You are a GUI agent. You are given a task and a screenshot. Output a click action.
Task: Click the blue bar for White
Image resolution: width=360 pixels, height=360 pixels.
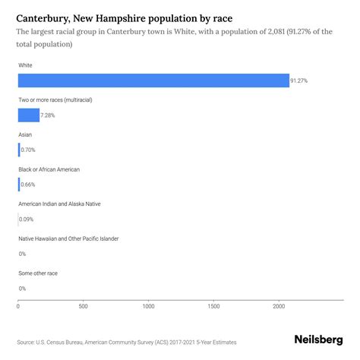(152, 81)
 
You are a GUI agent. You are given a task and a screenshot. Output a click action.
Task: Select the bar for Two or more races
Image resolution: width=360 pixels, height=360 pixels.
(28, 115)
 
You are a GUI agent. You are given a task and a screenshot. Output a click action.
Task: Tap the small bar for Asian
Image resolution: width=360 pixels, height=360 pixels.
(18, 150)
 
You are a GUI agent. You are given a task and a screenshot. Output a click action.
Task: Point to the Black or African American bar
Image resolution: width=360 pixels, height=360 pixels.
(18, 185)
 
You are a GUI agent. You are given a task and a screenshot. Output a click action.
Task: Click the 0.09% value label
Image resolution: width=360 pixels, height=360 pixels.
(27, 219)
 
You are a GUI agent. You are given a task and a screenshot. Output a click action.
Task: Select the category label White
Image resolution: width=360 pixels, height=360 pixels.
(25, 66)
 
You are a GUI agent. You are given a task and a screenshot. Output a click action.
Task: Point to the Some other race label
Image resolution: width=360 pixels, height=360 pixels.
(38, 273)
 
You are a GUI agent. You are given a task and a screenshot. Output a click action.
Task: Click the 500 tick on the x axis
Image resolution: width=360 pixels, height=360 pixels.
(83, 306)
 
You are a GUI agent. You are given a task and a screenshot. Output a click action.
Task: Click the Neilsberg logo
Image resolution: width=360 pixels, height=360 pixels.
(317, 341)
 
